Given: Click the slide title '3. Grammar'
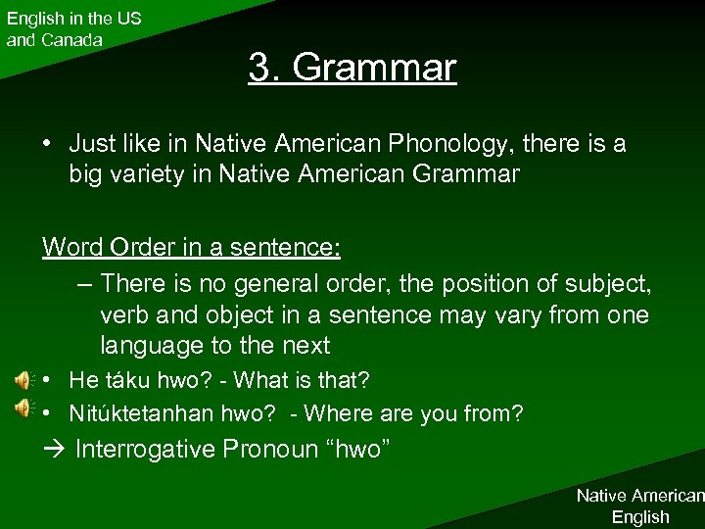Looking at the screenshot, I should click(x=352, y=68).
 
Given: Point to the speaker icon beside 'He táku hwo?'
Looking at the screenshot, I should click(x=22, y=380).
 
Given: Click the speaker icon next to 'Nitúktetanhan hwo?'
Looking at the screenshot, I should click(x=22, y=409).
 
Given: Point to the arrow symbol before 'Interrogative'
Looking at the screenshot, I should click(x=53, y=451).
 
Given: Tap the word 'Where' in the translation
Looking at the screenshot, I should click(x=332, y=413).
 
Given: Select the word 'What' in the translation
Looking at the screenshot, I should click(x=258, y=379).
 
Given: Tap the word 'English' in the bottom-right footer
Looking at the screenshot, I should click(x=640, y=516).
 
